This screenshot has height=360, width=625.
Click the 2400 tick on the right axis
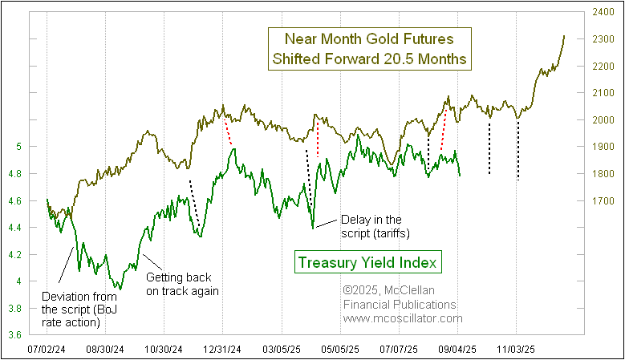(x=605, y=12)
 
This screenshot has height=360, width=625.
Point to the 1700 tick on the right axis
(x=605, y=201)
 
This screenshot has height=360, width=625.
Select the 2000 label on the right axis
(x=605, y=120)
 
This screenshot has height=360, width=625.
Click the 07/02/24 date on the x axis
(x=47, y=350)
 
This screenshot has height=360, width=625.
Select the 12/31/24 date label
(x=224, y=350)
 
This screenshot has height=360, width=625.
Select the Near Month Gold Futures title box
(x=368, y=49)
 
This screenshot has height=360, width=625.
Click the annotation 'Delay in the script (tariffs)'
(x=371, y=225)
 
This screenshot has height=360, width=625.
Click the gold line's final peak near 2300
(x=564, y=36)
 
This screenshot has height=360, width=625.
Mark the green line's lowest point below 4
(x=120, y=288)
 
